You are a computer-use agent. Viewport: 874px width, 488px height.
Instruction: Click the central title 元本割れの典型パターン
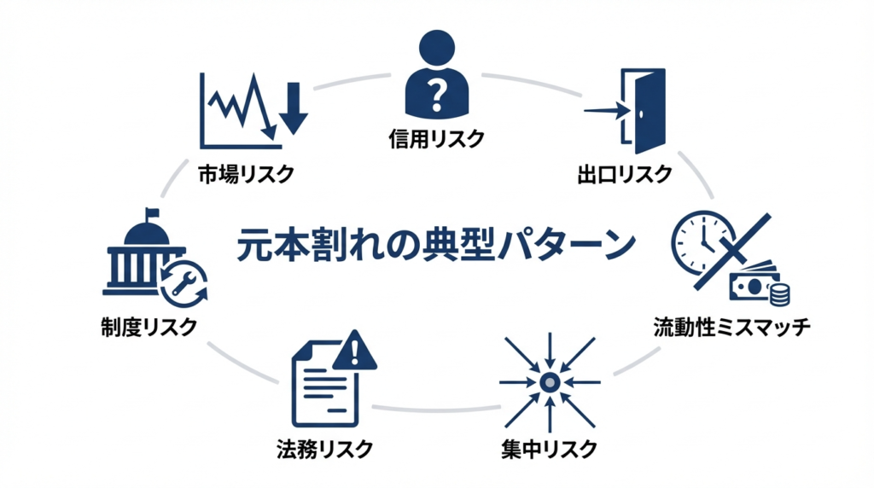[x=435, y=245]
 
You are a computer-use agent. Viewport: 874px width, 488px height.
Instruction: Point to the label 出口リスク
[x=624, y=174]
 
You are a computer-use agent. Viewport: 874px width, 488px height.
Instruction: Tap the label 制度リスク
[x=149, y=327]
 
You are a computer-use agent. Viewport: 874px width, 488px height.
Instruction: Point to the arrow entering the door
[x=605, y=110]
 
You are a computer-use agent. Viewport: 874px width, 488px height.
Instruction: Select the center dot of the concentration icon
[x=550, y=381]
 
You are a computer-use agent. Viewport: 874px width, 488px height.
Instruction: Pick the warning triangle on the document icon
[x=355, y=352]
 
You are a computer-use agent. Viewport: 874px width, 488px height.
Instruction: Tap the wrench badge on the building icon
[x=184, y=283]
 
